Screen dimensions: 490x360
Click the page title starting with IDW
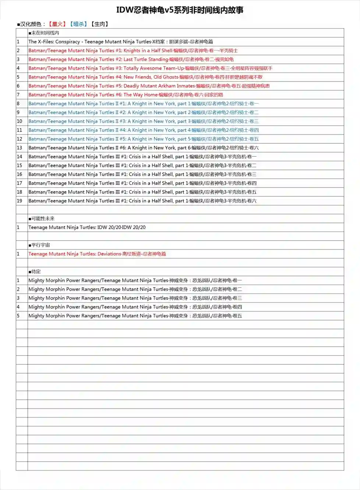click(180, 10)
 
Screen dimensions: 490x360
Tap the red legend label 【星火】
click(57, 24)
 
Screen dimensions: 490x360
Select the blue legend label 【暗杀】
click(78, 24)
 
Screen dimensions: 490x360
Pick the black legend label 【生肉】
click(100, 24)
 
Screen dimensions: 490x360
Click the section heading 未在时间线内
click(44, 33)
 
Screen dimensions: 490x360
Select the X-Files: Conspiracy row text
click(121, 42)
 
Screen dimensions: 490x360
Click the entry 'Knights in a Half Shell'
click(133, 51)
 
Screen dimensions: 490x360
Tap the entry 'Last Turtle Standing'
click(131, 60)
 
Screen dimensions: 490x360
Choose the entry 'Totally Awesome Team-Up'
click(150, 69)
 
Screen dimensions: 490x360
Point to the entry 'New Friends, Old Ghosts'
click(145, 77)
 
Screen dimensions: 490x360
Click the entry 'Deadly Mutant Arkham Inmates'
click(149, 86)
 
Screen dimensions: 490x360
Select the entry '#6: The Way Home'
click(126, 95)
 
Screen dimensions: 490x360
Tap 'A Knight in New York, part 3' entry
click(144, 122)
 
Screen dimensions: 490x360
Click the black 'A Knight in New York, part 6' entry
click(144, 148)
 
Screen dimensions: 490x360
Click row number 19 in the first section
click(20, 201)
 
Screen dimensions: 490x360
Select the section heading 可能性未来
click(42, 219)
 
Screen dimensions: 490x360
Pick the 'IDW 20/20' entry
click(87, 228)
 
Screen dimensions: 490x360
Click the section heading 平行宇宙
click(40, 245)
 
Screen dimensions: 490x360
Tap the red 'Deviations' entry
click(97, 254)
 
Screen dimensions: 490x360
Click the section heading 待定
click(35, 272)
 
